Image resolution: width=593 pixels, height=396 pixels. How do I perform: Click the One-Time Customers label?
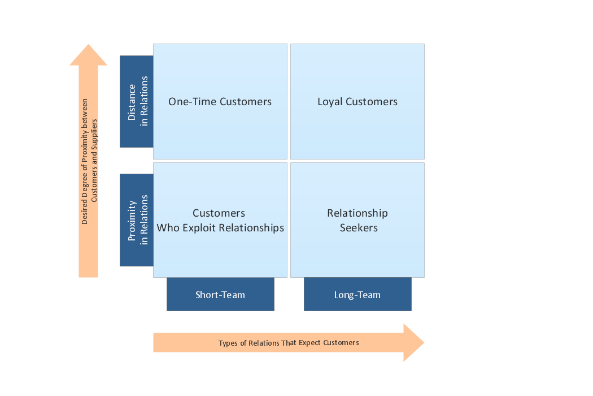tap(220, 102)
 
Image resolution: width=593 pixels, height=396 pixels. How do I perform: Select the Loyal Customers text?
tap(357, 102)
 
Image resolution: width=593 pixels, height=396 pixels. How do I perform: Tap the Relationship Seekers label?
tap(357, 221)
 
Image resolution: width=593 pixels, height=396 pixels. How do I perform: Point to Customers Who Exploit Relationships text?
tap(220, 221)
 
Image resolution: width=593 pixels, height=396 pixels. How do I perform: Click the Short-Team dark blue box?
tap(220, 295)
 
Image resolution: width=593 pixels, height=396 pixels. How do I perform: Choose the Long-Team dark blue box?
tap(357, 295)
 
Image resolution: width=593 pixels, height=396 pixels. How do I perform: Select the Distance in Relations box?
tap(137, 101)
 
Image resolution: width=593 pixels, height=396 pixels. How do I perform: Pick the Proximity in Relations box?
tap(137, 219)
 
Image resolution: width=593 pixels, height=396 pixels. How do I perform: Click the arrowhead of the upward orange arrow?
tap(88, 56)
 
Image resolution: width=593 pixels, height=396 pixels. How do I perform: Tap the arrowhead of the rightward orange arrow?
tap(413, 342)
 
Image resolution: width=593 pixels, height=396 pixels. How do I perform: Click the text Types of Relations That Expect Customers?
tap(289, 343)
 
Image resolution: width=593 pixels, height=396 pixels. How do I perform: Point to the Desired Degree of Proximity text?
tap(85, 162)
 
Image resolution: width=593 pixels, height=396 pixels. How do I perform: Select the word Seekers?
tap(359, 228)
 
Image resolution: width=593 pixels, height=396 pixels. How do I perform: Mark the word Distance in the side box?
tap(132, 102)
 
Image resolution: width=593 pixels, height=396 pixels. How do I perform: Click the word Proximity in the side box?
tap(132, 219)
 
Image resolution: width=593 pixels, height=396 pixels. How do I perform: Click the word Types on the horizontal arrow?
tap(228, 343)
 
